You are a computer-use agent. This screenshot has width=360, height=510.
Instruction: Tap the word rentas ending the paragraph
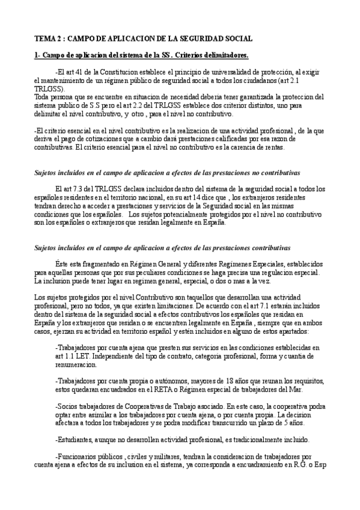coord(265,147)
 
